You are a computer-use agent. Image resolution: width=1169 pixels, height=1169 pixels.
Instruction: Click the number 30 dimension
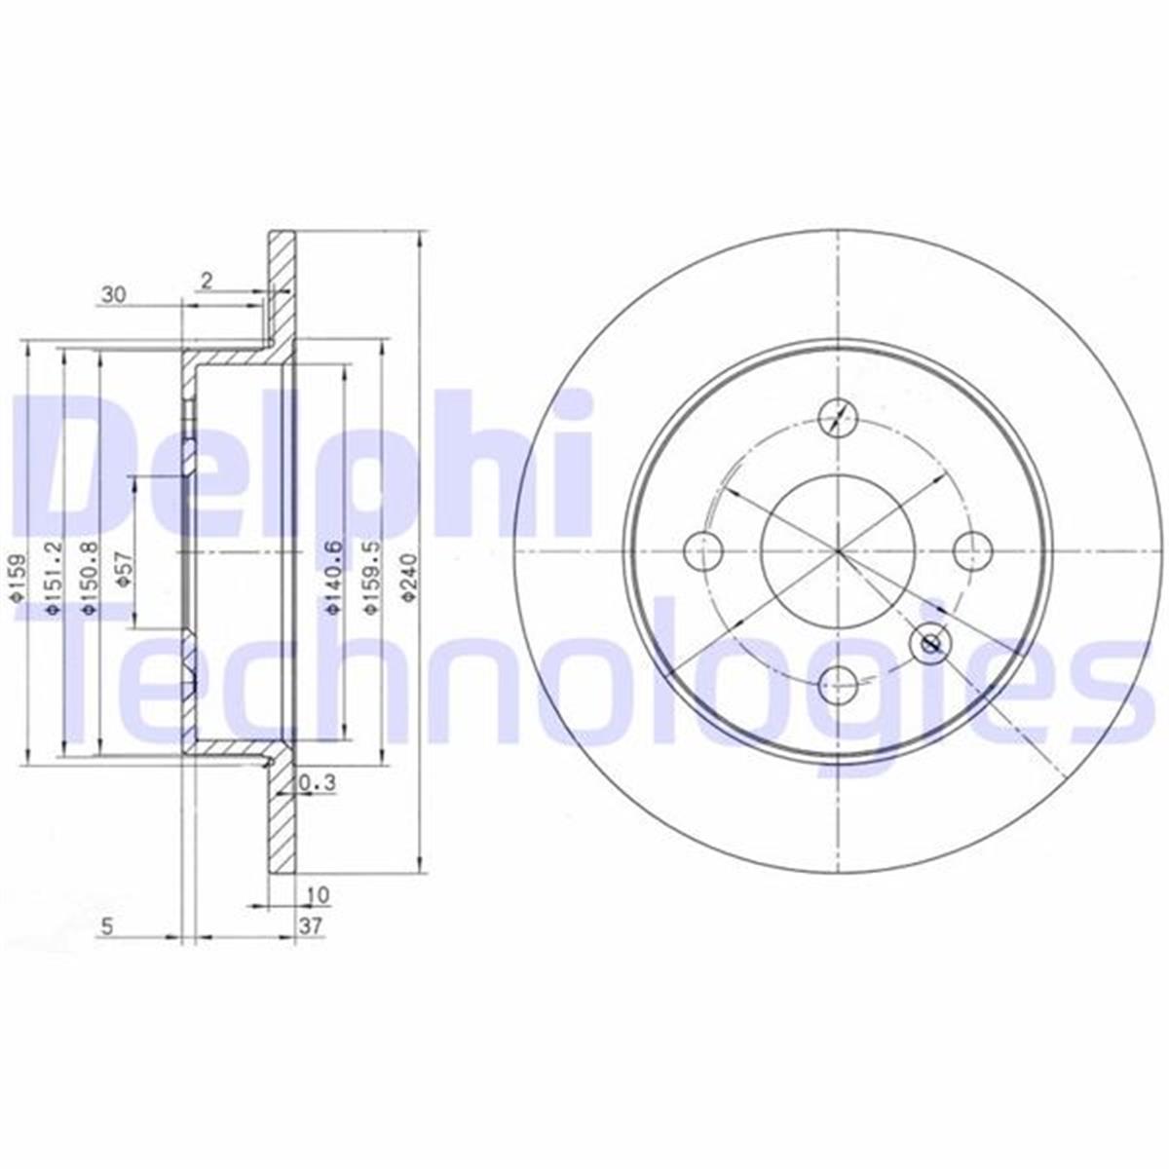pos(113,293)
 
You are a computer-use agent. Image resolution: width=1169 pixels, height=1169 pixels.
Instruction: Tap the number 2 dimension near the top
pos(206,281)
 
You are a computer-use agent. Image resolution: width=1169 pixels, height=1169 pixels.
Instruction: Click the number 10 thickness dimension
pos(317,894)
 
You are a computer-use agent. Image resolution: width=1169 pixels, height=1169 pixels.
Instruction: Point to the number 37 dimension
pos(312,926)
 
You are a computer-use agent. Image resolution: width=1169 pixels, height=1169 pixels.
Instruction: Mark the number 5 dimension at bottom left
pos(108,928)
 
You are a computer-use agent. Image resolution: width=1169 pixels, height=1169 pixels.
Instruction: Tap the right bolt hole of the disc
pos(970,551)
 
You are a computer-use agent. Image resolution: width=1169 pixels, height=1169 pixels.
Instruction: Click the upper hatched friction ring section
pos(282,292)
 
